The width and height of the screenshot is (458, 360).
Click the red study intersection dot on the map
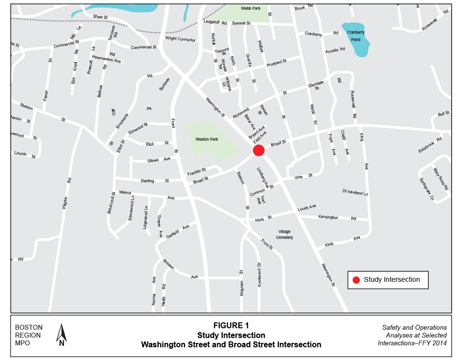click(x=258, y=150)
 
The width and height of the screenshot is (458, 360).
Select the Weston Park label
click(x=206, y=139)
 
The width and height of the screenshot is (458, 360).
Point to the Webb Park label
click(x=251, y=8)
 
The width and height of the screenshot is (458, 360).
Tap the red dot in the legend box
click(x=356, y=280)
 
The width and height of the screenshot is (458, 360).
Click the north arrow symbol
click(x=62, y=335)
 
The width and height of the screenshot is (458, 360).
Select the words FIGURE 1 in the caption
click(x=231, y=325)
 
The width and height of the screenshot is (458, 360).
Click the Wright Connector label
click(x=180, y=39)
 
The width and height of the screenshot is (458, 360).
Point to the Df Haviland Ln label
click(x=355, y=193)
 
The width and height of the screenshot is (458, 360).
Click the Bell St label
click(x=443, y=113)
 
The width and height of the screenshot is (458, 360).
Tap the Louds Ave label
click(x=307, y=208)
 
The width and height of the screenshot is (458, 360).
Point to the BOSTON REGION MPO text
click(x=29, y=335)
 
